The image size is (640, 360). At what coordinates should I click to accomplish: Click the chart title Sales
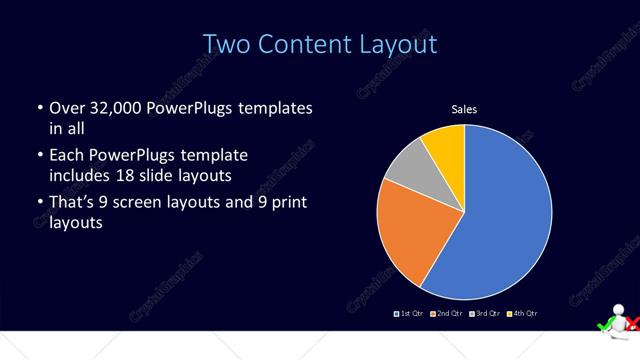pos(464,110)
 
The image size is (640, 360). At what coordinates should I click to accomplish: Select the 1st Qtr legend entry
pos(410,314)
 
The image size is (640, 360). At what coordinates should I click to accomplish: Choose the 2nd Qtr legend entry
pos(446,314)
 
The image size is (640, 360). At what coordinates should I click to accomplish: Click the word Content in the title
pos(299,45)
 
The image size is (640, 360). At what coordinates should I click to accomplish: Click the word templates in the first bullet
pos(276,106)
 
